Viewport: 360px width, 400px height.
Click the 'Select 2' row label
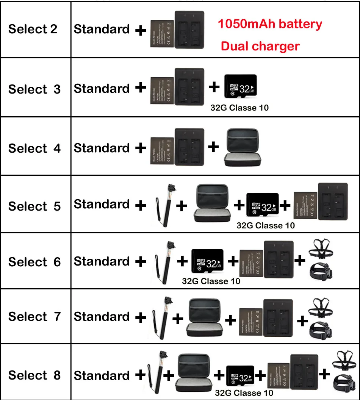33,29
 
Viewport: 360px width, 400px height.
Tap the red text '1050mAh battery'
270,24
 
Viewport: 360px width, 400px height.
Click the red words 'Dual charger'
260,46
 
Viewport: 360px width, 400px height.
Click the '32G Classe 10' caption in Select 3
239,108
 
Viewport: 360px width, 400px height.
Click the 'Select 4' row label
34,148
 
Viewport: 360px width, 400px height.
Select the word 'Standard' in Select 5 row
102,205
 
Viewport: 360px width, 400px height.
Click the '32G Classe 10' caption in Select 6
211,281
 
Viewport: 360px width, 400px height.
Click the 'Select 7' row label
34,317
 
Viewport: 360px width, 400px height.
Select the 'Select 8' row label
34,375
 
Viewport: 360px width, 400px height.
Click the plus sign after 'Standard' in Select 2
141,30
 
